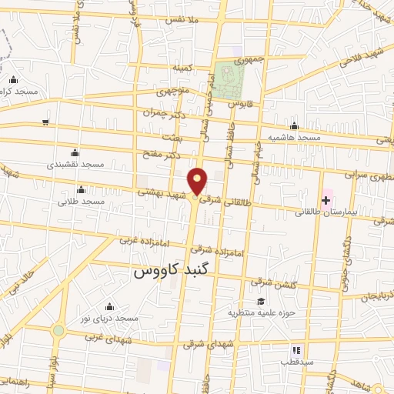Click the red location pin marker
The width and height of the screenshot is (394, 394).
[199, 180]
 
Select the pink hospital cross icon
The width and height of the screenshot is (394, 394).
[326, 200]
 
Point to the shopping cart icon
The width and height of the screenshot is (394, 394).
[45, 122]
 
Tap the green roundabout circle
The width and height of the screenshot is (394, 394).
[58, 331]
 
